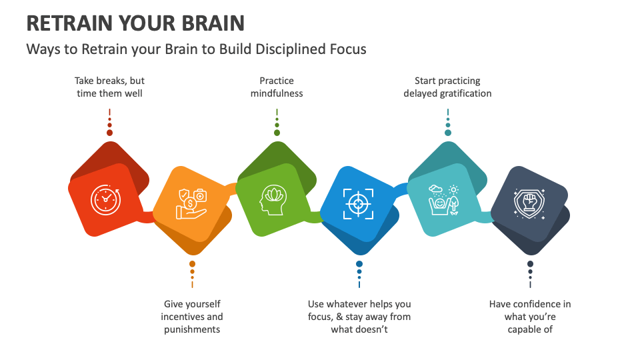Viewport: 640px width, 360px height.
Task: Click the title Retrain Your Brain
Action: point(135,23)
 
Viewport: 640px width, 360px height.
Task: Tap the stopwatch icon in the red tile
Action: point(105,200)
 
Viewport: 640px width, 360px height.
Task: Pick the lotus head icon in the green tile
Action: point(273,199)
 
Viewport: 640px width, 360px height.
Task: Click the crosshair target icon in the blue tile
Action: point(359,203)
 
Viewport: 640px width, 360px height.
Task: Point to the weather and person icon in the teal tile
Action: point(443,200)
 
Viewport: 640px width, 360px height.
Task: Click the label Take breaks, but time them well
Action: point(109,87)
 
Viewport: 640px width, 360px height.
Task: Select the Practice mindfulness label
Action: point(277,87)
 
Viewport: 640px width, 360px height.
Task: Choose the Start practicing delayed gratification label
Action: point(447,87)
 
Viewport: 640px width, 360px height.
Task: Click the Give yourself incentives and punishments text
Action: point(192,317)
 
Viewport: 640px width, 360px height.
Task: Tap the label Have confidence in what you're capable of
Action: point(530,317)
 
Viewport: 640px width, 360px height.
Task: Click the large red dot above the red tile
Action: point(109,133)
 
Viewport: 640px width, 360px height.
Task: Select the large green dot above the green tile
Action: point(277,133)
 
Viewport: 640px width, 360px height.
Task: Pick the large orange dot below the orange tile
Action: point(192,264)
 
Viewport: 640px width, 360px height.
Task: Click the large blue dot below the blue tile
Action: point(359,264)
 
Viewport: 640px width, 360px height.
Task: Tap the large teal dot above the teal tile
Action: point(448,133)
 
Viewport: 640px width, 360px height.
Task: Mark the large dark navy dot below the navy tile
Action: point(530,264)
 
